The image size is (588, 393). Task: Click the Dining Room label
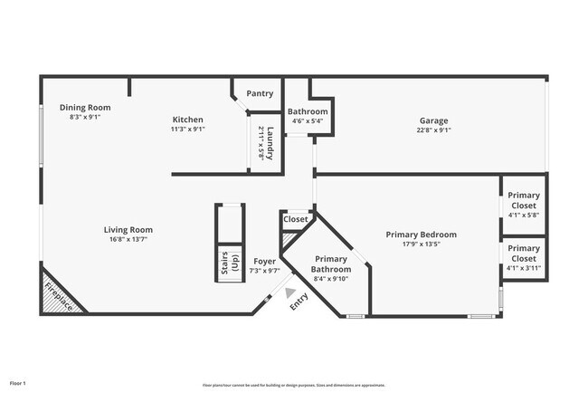pos(86,108)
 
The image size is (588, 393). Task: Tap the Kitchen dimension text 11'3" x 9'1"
pos(188,129)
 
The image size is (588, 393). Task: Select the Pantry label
pos(260,93)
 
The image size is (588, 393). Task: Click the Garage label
pos(432,120)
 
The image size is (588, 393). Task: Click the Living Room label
pos(128,229)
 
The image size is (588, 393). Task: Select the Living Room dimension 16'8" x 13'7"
pos(128,239)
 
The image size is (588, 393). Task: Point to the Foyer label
pos(264,261)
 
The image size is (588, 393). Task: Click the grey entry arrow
pos(290,292)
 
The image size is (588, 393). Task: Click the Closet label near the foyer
pos(296,219)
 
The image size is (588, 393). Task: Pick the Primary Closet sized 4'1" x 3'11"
pos(523,253)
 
